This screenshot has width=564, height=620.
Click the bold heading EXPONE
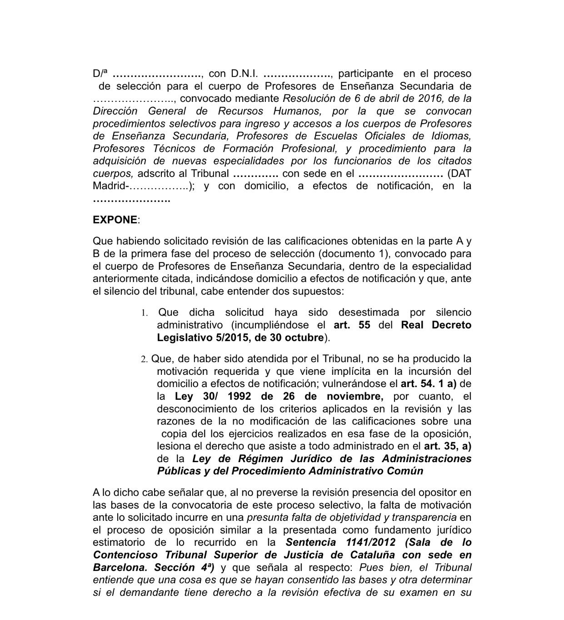[x=115, y=220]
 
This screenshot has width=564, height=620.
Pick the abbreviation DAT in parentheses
[x=459, y=173]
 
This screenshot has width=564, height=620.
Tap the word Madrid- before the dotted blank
[x=112, y=186]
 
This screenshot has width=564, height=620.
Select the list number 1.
[x=144, y=313]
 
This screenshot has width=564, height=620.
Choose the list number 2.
[x=144, y=359]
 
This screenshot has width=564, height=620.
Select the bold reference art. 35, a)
[x=448, y=446]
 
